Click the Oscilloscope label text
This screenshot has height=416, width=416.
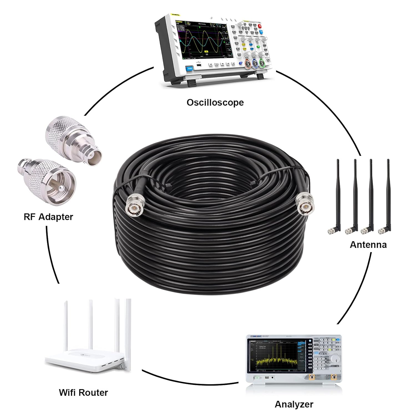[x=215, y=102]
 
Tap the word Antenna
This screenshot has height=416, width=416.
[x=368, y=244]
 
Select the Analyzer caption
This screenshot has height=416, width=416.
[x=294, y=404]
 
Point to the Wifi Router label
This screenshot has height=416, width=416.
[x=83, y=392]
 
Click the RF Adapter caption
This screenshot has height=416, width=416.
[x=48, y=217]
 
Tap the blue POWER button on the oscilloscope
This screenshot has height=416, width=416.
[x=190, y=68]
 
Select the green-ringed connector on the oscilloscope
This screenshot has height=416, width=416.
[x=262, y=65]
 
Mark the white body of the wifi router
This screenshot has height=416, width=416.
[x=83, y=359]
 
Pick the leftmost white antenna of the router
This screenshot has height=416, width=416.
[x=67, y=327]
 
